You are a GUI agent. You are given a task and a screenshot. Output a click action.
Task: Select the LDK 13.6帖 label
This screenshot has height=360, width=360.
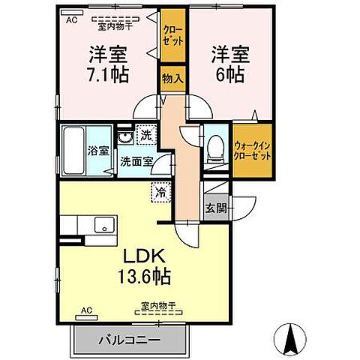pos(141,264)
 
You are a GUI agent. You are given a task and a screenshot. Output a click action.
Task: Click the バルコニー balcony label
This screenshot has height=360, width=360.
pos(128,340)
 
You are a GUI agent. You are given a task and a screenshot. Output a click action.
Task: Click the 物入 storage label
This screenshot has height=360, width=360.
pos(172,79)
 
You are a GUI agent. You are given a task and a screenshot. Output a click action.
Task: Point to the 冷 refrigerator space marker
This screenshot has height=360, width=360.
pos(160,192)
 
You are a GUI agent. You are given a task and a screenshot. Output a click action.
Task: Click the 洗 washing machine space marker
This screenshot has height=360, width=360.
pos(146,136)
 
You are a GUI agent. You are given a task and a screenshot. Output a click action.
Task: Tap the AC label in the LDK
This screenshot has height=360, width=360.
pos(86,309)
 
